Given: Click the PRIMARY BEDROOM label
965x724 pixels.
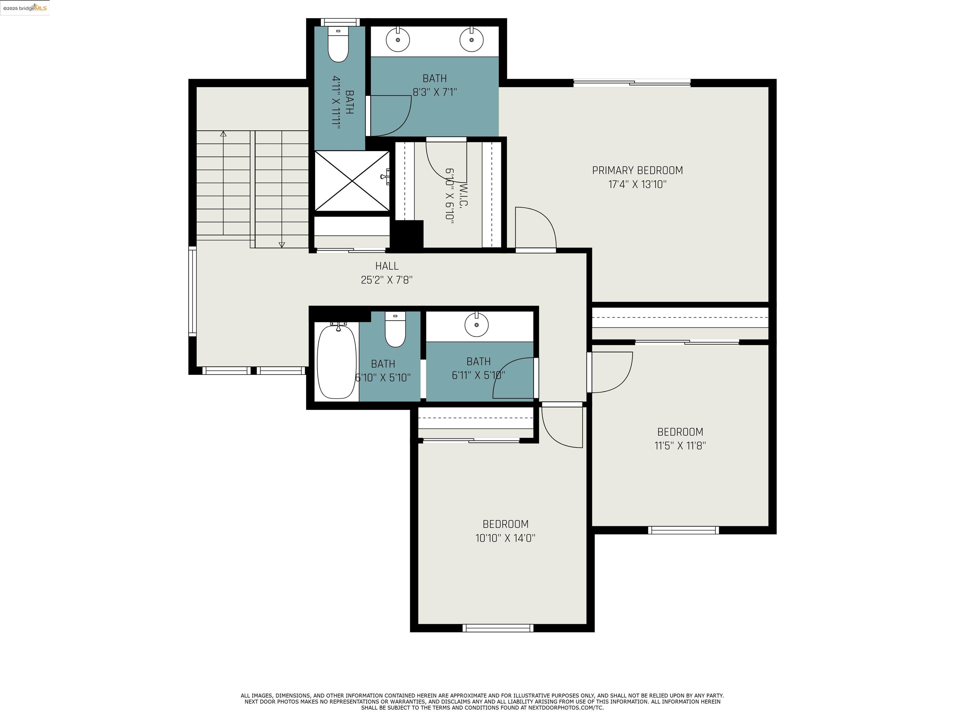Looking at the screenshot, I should tap(637, 171).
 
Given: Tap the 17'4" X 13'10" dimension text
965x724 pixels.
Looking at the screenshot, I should tap(637, 184).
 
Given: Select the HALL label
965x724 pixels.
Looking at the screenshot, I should tap(386, 266).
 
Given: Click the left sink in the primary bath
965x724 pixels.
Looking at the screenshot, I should tap(398, 40).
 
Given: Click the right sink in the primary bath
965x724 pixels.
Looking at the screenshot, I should tap(471, 40).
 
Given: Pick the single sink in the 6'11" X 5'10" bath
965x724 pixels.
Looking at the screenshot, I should tap(477, 325).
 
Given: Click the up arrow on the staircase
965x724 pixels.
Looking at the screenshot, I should tap(223, 134).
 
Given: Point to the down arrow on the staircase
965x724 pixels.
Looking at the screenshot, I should tap(282, 244).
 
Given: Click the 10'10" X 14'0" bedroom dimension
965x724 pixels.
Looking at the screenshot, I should tap(505, 538).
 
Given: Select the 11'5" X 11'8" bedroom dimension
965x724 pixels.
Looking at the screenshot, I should tap(680, 446).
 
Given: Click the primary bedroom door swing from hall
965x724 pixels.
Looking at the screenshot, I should tap(535, 229).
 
